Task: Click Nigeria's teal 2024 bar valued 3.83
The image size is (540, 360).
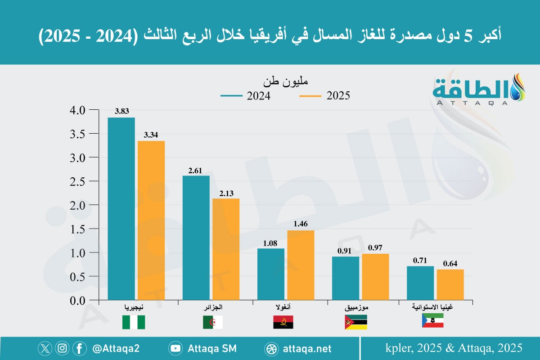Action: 121,209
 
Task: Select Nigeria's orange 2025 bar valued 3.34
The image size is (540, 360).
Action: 151,220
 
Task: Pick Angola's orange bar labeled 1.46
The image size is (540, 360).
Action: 301,265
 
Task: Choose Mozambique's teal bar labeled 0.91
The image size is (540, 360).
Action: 346,278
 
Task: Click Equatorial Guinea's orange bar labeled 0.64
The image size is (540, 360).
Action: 450,284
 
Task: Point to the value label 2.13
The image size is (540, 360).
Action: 226,193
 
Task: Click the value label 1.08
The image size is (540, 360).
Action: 271,243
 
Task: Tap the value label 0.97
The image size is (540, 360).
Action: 375,248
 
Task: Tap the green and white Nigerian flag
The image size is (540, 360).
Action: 134,322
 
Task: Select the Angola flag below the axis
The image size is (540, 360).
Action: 283,322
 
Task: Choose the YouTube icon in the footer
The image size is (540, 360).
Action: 175,348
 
